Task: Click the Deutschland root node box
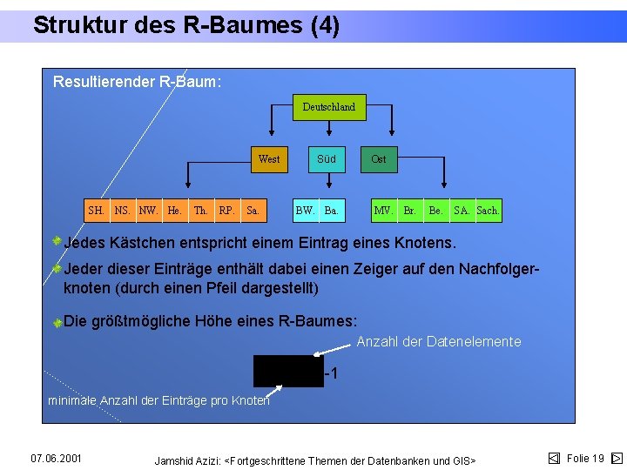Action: [x=328, y=107]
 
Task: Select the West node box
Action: [x=269, y=159]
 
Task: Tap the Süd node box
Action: [x=327, y=159]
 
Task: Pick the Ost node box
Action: [x=379, y=159]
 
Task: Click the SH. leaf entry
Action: [x=97, y=211]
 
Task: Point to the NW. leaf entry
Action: [x=149, y=211]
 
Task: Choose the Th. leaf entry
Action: [x=201, y=211]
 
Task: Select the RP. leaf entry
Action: [x=226, y=211]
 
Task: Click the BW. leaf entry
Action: [x=306, y=211]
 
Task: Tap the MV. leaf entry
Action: [x=383, y=211]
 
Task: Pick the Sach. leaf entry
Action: [x=489, y=211]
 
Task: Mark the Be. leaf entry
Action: [x=435, y=211]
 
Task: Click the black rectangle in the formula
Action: [x=287, y=371]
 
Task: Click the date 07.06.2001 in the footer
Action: [x=56, y=458]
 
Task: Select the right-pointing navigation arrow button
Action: [x=617, y=458]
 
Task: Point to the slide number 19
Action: [x=597, y=458]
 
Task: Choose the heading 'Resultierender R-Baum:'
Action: [x=137, y=83]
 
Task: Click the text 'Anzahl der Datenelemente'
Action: [x=439, y=342]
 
